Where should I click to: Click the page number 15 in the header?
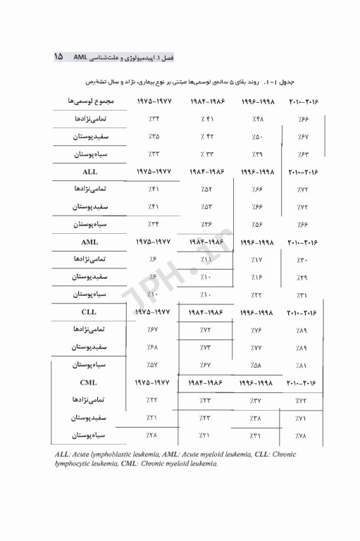[58, 56]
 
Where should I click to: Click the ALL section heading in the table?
[90, 171]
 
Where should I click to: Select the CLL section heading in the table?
[90, 311]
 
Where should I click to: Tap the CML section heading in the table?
[90, 381]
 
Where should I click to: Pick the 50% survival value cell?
[256, 136]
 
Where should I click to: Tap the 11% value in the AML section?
[206, 259]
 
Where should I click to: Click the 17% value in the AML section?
[256, 259]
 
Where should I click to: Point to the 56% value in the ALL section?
[256, 224]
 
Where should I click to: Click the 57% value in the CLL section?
[154, 365]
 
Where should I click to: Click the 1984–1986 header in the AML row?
[206, 242]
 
